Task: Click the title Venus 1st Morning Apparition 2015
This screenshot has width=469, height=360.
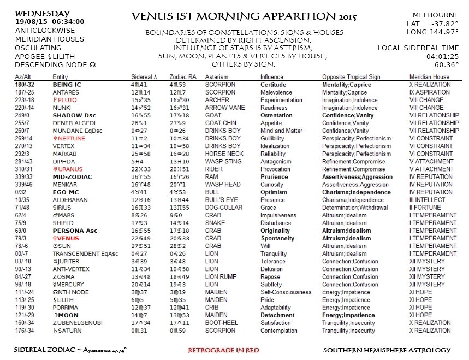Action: point(244,16)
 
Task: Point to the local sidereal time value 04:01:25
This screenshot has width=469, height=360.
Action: point(442,56)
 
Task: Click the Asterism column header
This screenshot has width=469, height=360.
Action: point(217,77)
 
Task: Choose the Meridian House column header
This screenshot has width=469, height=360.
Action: point(429,77)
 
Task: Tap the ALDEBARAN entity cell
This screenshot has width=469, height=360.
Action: point(70,200)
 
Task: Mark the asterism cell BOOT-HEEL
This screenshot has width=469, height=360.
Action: point(221,322)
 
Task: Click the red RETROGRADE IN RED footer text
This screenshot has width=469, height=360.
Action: point(223,350)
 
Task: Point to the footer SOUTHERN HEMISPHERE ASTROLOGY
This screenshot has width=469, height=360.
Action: point(387,350)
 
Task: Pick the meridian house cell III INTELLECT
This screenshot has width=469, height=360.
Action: point(429,200)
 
